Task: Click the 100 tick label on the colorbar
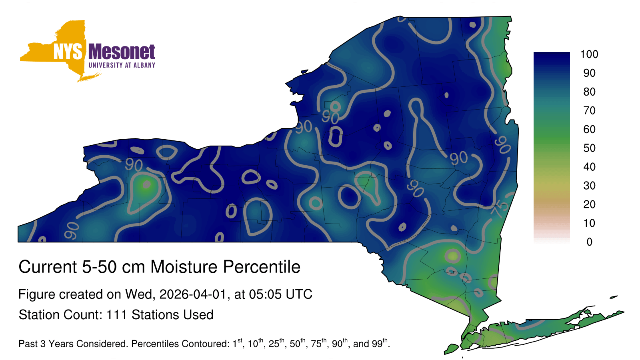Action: (x=589, y=54)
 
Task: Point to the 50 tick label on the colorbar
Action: (x=589, y=148)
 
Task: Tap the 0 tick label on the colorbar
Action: (x=589, y=242)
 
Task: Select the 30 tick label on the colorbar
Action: (x=589, y=186)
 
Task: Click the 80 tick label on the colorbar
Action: (x=589, y=92)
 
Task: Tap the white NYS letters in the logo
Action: (x=68, y=52)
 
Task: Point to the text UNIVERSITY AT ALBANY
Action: (x=122, y=65)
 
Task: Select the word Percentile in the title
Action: (x=262, y=267)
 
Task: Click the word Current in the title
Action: (x=48, y=267)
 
